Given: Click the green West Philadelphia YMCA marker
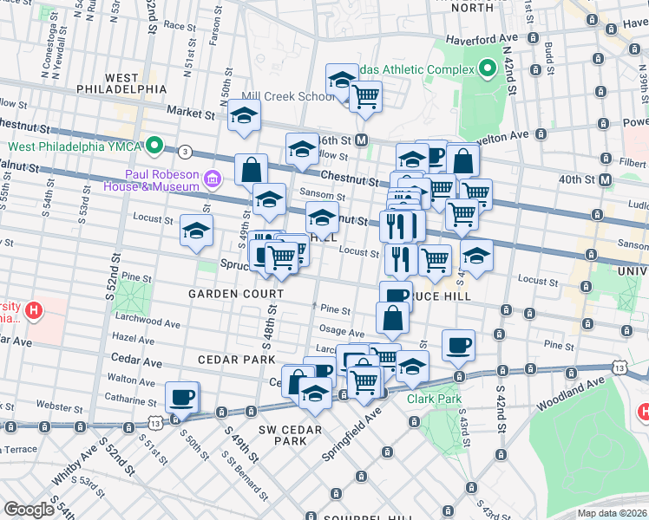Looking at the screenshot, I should pyautogui.click(x=155, y=145).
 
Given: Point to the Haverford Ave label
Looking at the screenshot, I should pyautogui.click(x=481, y=39).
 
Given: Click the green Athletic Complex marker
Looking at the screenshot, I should pyautogui.click(x=488, y=68).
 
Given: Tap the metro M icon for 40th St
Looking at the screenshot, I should pyautogui.click(x=605, y=179).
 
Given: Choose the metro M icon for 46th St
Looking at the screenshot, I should pyautogui.click(x=362, y=140).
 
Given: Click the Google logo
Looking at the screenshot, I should pyautogui.click(x=29, y=509).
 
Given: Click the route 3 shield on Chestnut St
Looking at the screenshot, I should pyautogui.click(x=184, y=152).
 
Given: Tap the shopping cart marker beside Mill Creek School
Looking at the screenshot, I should pyautogui.click(x=366, y=95).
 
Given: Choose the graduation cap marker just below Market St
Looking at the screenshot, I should pyautogui.click(x=245, y=115).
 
